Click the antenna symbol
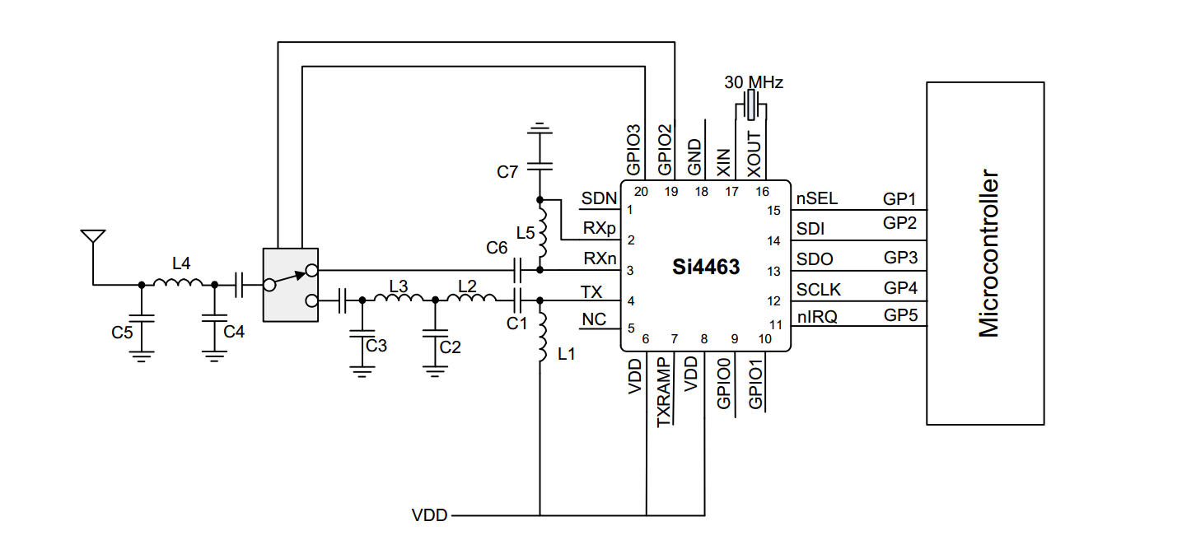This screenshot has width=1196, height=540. pyautogui.click(x=93, y=238)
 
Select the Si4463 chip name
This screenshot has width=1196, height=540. pyautogui.click(x=706, y=268)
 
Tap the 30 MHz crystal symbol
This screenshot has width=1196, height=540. pyautogui.click(x=750, y=105)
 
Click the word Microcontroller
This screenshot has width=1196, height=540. pyautogui.click(x=988, y=254)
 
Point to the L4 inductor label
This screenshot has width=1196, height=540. pyautogui.click(x=181, y=263)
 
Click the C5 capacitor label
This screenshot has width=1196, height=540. pyautogui.click(x=122, y=333)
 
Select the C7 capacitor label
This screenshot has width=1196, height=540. pyautogui.click(x=507, y=172)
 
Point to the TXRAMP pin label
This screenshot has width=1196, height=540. pyautogui.click(x=665, y=392)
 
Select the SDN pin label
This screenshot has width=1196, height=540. pyautogui.click(x=598, y=198)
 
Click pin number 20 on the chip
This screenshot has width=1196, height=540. pyautogui.click(x=641, y=192)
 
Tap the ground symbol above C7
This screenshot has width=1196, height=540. pyautogui.click(x=540, y=128)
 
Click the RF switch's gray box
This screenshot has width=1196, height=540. pyautogui.click(x=290, y=285)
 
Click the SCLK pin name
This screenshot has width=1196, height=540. pyautogui.click(x=818, y=289)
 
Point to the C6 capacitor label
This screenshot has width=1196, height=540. pyautogui.click(x=497, y=247)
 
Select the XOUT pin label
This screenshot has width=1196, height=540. pyautogui.click(x=754, y=156)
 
